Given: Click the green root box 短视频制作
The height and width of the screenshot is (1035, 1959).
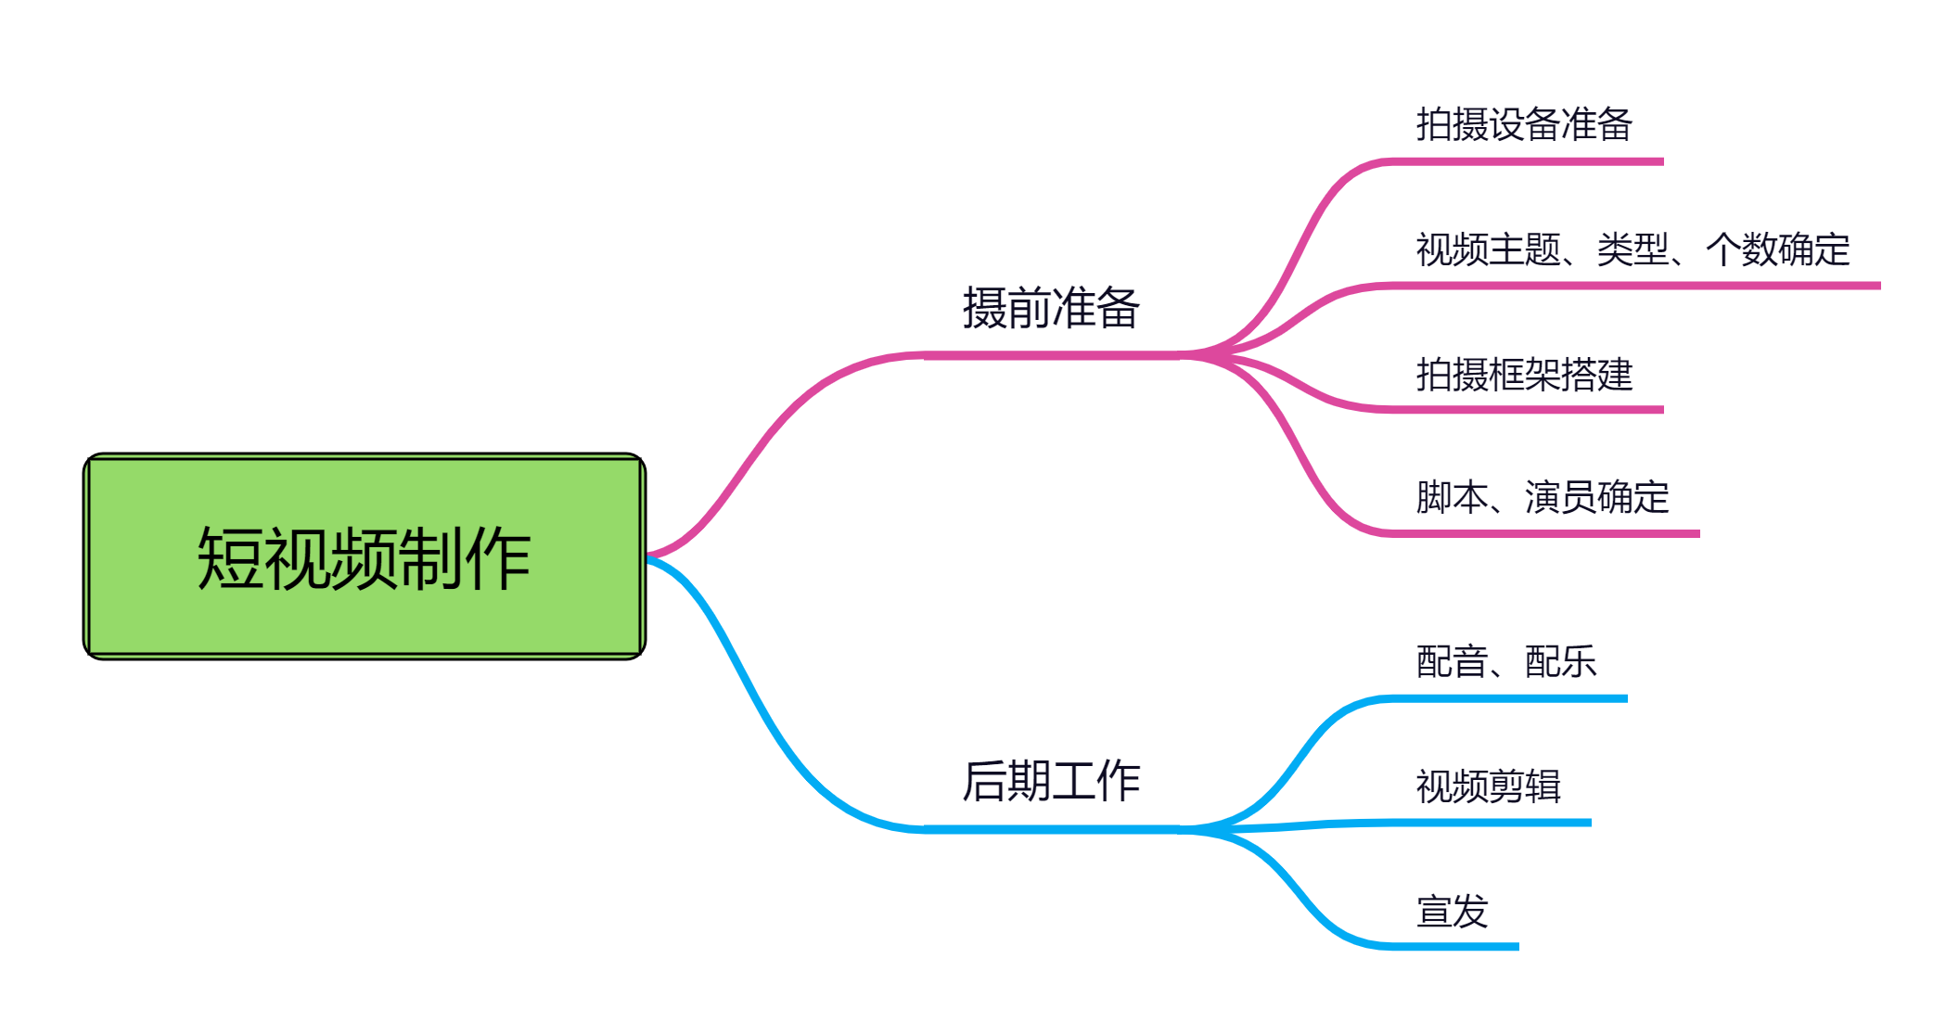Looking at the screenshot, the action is click(365, 556).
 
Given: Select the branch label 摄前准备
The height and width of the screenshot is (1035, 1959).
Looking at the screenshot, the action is click(1051, 308).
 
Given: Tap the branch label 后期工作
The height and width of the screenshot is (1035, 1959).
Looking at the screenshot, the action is click(1051, 781).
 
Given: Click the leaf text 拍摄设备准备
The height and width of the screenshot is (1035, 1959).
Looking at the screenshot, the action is click(1524, 124).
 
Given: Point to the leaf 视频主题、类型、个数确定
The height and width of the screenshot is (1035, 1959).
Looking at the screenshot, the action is click(1632, 249).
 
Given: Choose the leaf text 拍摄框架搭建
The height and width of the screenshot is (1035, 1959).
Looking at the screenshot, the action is click(1524, 374).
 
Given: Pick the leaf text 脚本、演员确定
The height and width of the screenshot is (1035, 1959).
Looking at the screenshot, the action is click(1542, 497).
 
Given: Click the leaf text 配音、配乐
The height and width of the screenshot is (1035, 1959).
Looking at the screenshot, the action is click(1505, 661).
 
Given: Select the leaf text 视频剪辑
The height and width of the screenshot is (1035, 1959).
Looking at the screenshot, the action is click(1488, 786).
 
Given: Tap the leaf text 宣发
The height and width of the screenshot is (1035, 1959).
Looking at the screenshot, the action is click(1452, 911).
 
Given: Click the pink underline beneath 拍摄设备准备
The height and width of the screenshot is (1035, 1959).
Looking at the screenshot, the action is click(1526, 161).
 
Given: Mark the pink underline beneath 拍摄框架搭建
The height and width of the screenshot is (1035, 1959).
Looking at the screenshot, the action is click(1526, 409).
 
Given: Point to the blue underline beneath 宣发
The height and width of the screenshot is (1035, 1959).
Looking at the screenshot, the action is click(1453, 946).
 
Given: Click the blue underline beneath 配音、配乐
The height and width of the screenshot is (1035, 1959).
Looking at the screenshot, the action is click(1507, 698).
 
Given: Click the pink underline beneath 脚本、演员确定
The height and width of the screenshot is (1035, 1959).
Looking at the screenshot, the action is click(1543, 534).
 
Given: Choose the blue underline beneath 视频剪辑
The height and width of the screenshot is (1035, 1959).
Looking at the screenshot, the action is click(1490, 823).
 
